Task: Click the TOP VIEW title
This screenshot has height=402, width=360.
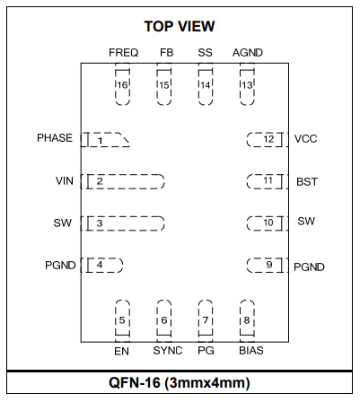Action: tap(180, 26)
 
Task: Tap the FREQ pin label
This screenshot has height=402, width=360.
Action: tap(123, 53)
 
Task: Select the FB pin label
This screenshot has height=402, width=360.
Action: tap(166, 53)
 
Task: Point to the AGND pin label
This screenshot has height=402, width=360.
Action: tap(248, 53)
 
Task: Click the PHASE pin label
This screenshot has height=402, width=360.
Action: tap(55, 138)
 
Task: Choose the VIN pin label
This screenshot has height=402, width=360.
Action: tap(65, 181)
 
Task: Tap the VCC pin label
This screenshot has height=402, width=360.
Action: tap(305, 139)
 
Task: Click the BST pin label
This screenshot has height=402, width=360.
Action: tap(307, 182)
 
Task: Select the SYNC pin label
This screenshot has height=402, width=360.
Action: tap(168, 351)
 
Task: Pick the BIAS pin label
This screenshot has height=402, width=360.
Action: tap(251, 351)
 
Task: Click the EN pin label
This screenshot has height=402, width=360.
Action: tap(121, 351)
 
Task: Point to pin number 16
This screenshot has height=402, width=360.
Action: tap(122, 85)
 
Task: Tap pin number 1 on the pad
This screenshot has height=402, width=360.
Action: tap(101, 140)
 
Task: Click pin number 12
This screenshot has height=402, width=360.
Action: tap(268, 139)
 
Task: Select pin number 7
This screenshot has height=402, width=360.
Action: tap(206, 320)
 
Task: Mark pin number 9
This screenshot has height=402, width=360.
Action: tap(269, 265)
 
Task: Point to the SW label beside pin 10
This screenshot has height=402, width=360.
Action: tap(306, 222)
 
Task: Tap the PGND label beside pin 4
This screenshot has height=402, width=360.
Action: tap(60, 266)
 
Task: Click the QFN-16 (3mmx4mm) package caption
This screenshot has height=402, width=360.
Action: tap(180, 382)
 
